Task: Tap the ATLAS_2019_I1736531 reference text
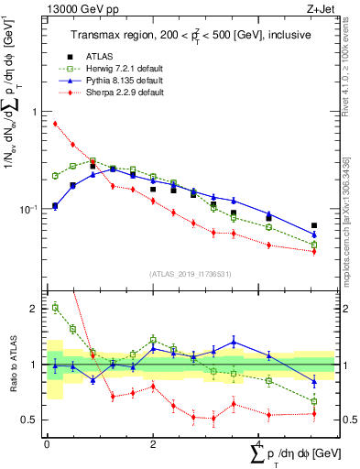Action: (x=188, y=274)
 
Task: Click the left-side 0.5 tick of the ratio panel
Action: (x=29, y=420)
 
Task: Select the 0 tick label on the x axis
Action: (x=47, y=444)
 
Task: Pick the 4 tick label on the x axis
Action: (x=259, y=444)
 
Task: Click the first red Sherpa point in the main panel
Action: (x=55, y=124)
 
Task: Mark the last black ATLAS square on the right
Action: (x=314, y=225)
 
